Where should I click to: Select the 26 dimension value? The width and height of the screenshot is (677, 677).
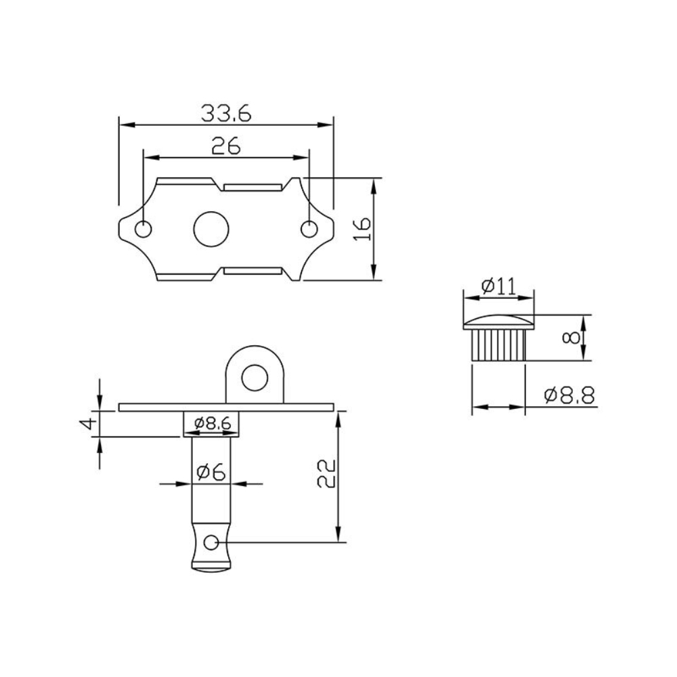pos(225,145)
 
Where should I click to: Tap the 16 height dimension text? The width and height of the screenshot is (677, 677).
pos(362,229)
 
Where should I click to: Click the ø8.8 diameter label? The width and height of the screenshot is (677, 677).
pos(569,395)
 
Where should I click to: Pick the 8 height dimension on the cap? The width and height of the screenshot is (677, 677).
pos(575,337)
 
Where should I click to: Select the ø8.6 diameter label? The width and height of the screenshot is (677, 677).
pos(212,423)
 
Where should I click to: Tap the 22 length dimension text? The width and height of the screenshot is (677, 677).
pos(326,474)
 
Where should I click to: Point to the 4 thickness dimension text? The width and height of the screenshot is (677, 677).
pos(86,424)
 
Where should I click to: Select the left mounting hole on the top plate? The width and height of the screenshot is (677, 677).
pos(144,230)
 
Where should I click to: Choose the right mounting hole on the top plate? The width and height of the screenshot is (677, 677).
pos(309,230)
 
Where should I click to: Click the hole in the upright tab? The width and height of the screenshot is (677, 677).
pos(255,376)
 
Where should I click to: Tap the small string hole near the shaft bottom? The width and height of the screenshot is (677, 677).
pos(211,542)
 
